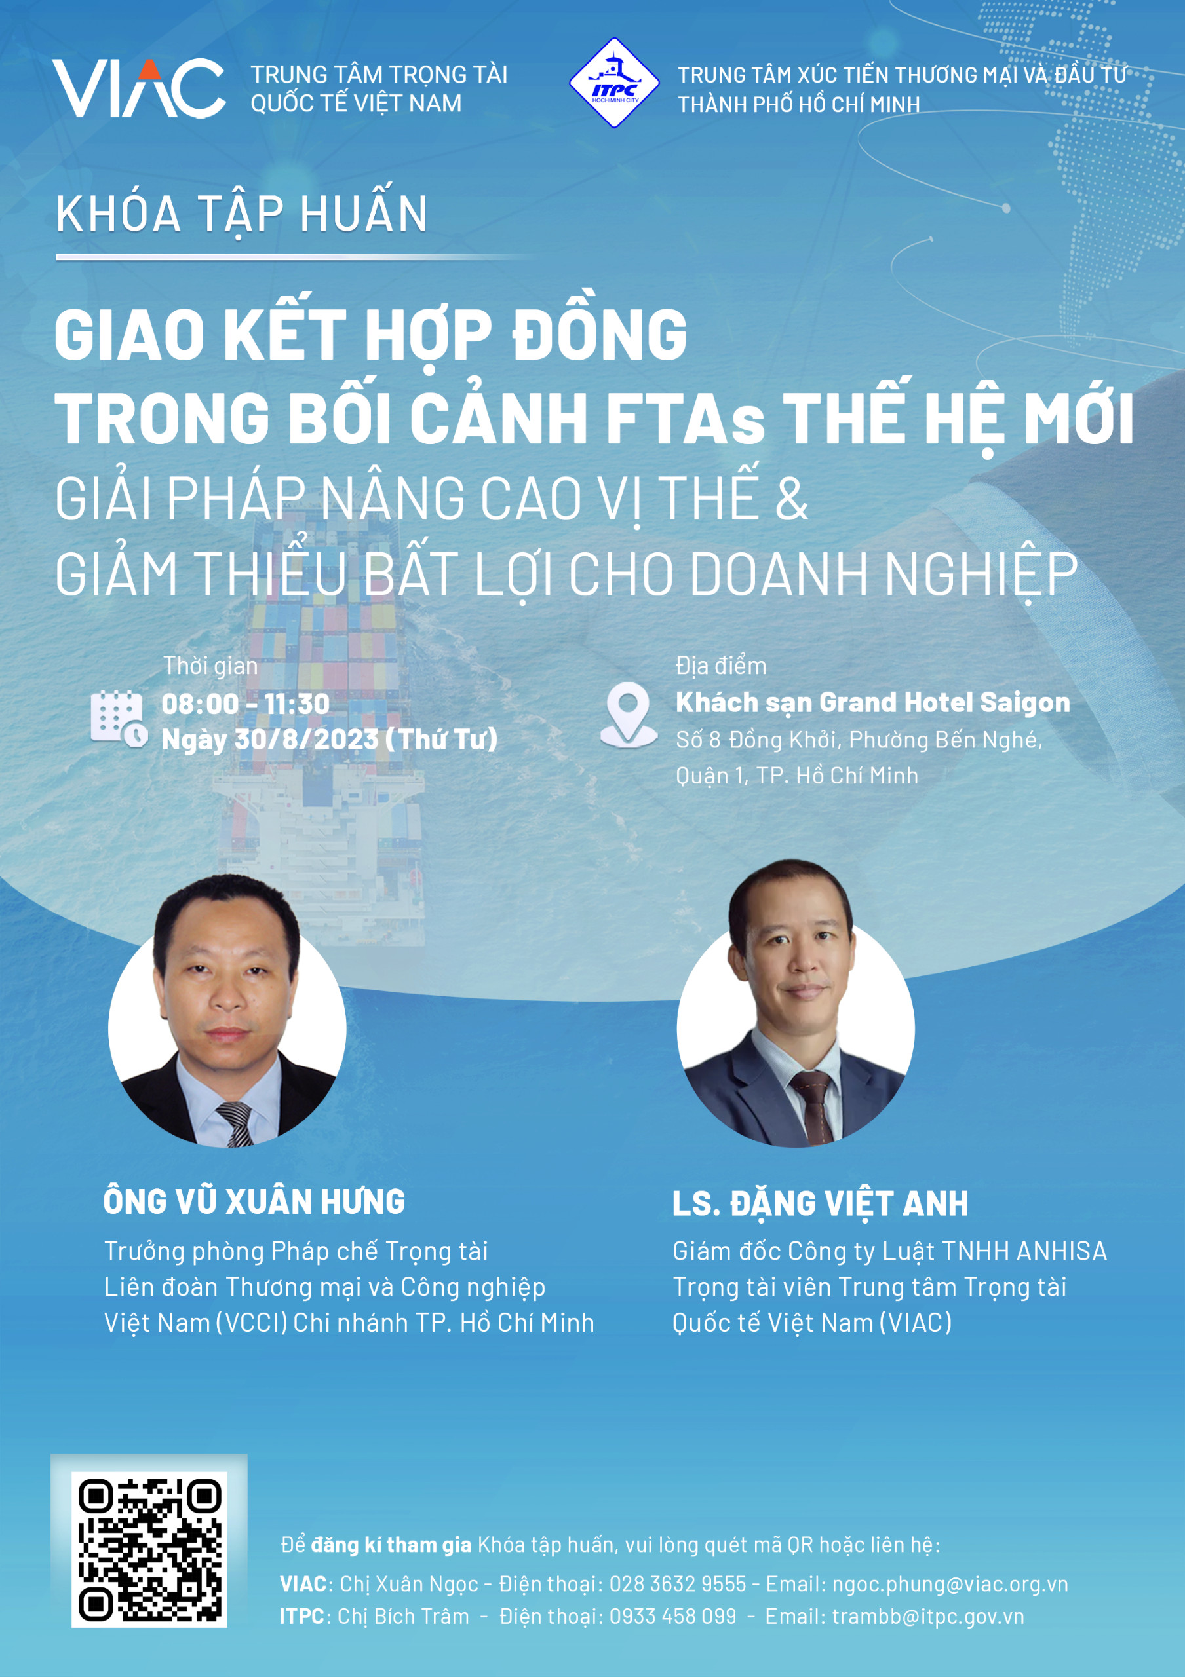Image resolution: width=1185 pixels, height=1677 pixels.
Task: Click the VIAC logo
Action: coord(138,88)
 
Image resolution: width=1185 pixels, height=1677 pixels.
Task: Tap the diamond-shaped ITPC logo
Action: coord(613,83)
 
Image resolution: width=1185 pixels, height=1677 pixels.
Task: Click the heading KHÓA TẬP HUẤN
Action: coord(242,214)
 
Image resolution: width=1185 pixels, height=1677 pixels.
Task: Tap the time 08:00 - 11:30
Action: coord(246,704)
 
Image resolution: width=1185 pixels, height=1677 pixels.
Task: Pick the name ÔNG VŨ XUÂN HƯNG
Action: coord(254,1201)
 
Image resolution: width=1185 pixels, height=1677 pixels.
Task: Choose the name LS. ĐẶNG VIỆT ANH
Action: coord(821,1203)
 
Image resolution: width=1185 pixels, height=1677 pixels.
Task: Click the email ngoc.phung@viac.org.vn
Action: coord(950,1584)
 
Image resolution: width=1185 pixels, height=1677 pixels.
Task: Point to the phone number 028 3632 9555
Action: coord(677,1583)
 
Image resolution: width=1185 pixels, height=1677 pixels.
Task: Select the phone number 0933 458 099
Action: coord(673,1616)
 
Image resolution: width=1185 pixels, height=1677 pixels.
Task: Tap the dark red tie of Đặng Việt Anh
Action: coord(814,1107)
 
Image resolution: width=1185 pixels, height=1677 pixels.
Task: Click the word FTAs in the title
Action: coord(684,419)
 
